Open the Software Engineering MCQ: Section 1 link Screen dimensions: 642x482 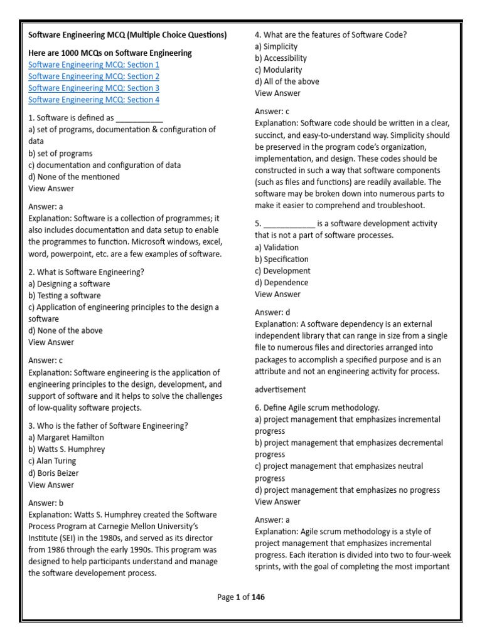pyautogui.click(x=94, y=65)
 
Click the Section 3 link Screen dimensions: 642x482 pyautogui.click(x=94, y=88)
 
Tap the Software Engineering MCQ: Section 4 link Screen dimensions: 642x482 pyautogui.click(x=94, y=100)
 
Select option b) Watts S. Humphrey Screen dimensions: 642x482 pyautogui.click(x=67, y=449)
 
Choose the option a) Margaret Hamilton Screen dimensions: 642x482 pyautogui.click(x=66, y=437)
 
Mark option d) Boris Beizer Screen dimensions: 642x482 pyautogui.click(x=58, y=473)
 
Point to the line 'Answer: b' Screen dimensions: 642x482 pyautogui.click(x=46, y=502)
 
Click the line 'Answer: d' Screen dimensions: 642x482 pyautogui.click(x=272, y=312)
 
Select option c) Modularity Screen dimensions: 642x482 pyautogui.click(x=278, y=70)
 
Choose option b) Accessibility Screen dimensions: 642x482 pyautogui.click(x=281, y=58)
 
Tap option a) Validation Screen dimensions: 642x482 pyautogui.click(x=277, y=247)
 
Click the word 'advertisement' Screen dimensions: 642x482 pyautogui.click(x=280, y=389)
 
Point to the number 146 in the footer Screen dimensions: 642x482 pyautogui.click(x=258, y=597)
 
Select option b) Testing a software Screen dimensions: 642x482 pyautogui.click(x=64, y=295)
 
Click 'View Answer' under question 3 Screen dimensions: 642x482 pyautogui.click(x=51, y=485)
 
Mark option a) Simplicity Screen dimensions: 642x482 pyautogui.click(x=276, y=46)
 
